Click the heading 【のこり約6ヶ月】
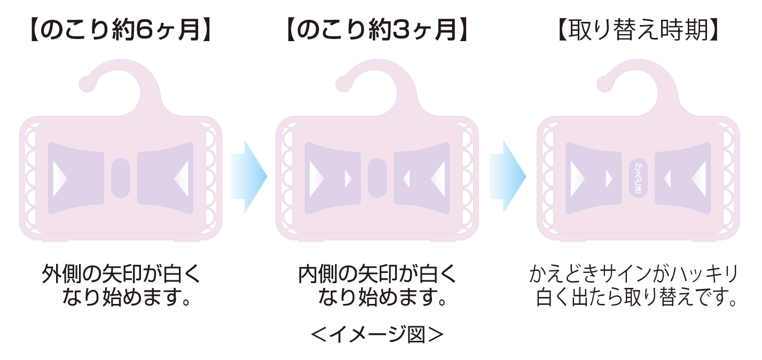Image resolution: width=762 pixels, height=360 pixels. point(121,30)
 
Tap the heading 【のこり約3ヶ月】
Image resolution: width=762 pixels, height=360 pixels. point(377,30)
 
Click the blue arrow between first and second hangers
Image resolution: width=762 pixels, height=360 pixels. point(249,177)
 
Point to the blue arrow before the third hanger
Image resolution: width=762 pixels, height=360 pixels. point(507,177)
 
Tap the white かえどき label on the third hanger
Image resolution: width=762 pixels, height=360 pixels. point(638,178)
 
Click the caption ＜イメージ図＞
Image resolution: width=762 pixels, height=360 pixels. point(377,335)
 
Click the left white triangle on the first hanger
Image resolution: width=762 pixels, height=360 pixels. point(60,178)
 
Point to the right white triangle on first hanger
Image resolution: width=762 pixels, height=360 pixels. point(182,178)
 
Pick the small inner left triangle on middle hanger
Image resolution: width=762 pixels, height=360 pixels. point(348,178)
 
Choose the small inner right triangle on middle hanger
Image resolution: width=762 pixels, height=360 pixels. point(406,178)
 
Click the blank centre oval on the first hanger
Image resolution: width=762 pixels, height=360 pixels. point(121,178)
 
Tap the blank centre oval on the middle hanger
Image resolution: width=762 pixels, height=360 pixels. point(377,178)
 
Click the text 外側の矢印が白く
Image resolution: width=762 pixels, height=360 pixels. point(121,273)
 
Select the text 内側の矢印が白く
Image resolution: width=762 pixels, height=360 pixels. point(378,273)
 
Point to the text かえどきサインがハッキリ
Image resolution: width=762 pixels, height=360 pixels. point(633,273)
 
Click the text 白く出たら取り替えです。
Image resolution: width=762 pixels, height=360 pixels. point(636,297)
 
